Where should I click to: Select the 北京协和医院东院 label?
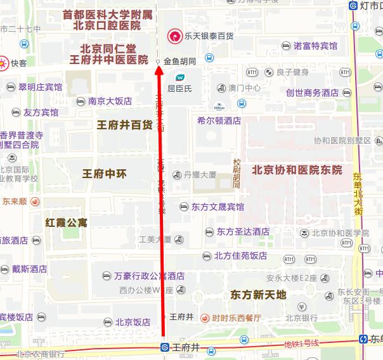(297, 170)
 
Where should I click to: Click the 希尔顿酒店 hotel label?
(219, 120)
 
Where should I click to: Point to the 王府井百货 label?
(124, 125)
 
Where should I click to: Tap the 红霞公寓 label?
(67, 222)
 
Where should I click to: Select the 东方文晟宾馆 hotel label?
(217, 207)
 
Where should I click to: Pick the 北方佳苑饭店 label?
(240, 256)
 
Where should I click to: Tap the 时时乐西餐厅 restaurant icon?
(205, 318)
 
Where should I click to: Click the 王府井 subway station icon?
(164, 347)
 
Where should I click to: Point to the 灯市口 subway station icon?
(353, 6)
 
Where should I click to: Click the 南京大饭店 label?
(110, 101)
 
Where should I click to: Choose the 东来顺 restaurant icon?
(35, 202)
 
